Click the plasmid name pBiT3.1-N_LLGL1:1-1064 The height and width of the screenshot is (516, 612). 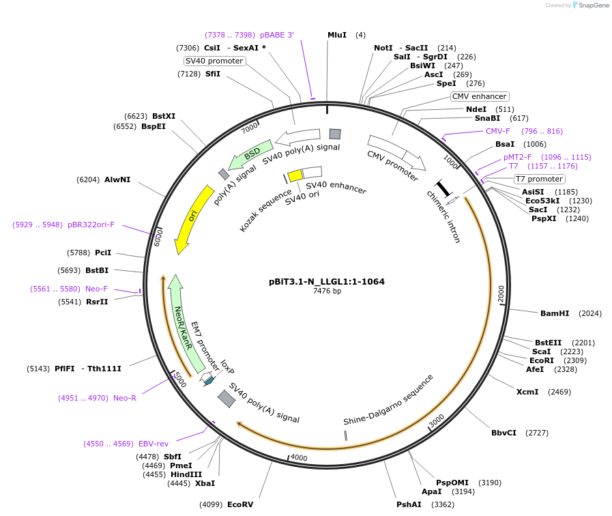tap(327, 281)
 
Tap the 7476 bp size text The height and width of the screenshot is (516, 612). tap(327, 291)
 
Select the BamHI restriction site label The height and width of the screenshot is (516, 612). tap(554, 313)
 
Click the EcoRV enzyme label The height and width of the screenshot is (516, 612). tap(240, 504)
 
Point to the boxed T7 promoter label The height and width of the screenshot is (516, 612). tap(539, 180)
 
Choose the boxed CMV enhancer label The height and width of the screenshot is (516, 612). tap(480, 96)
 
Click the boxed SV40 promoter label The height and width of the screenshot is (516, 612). tap(214, 61)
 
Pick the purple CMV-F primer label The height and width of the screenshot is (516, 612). tap(497, 131)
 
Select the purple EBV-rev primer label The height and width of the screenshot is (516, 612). tap(154, 444)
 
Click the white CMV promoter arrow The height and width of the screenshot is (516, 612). tap(396, 153)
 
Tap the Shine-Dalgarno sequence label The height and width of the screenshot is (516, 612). tap(388, 399)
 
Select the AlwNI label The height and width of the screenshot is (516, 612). tap(117, 180)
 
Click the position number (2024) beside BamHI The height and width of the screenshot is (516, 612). tap(589, 313)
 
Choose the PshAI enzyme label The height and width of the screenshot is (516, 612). tap(409, 504)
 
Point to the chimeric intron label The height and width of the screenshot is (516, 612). tap(443, 216)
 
